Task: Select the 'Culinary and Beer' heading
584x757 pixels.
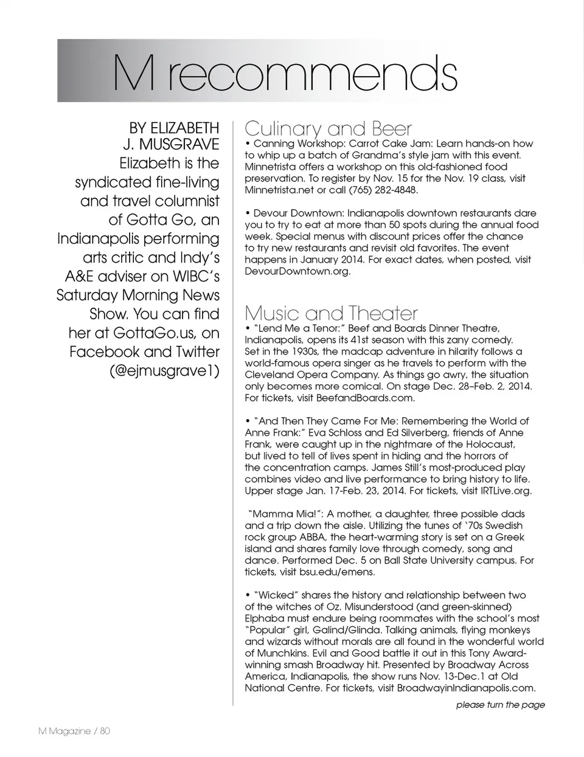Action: (328, 129)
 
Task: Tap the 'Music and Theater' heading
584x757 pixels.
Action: (331, 313)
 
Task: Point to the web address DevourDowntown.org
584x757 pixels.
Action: (297, 271)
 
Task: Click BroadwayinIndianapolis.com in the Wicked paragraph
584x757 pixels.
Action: (465, 688)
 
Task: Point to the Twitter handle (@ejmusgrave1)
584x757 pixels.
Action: (164, 371)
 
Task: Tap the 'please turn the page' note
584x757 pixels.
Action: (500, 705)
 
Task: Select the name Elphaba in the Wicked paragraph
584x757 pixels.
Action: (266, 618)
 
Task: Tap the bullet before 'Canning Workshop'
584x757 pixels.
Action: (248, 144)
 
